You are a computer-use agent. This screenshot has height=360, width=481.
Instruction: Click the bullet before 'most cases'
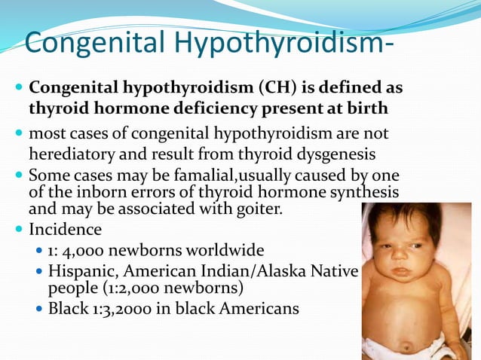(18, 134)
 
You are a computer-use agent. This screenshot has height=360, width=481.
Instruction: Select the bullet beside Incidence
(18, 228)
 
